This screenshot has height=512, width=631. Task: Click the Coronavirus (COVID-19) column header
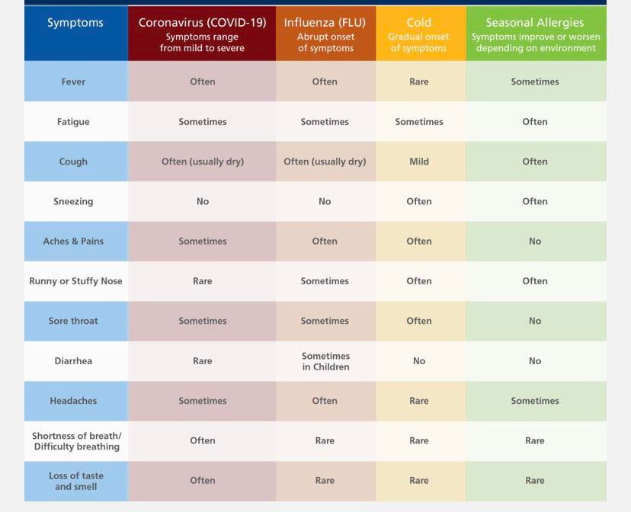pyautogui.click(x=202, y=23)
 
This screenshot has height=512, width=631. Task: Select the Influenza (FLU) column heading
pyautogui.click(x=325, y=23)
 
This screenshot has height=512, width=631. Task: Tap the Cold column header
pyautogui.click(x=419, y=23)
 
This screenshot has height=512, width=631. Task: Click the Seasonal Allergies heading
pyautogui.click(x=535, y=23)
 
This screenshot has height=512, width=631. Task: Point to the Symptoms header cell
pyautogui.click(x=75, y=23)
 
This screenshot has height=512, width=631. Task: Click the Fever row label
pyautogui.click(x=73, y=82)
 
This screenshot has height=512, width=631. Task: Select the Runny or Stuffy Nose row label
pyautogui.click(x=75, y=281)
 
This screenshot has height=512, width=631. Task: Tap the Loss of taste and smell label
pyautogui.click(x=75, y=481)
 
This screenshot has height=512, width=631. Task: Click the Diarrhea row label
pyautogui.click(x=73, y=361)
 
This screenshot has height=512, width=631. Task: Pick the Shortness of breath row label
pyautogui.click(x=76, y=441)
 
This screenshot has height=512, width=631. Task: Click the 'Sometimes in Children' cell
pyautogui.click(x=325, y=361)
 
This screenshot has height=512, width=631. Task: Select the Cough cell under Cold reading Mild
pyautogui.click(x=419, y=162)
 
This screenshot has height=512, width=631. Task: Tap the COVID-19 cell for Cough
pyautogui.click(x=203, y=162)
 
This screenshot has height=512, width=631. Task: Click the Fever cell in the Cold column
pyautogui.click(x=419, y=82)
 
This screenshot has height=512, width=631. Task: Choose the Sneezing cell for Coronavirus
pyautogui.click(x=203, y=201)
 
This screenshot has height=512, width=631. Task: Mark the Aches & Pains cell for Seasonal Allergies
pyautogui.click(x=535, y=242)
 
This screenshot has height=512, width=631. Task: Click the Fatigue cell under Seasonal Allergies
pyautogui.click(x=535, y=122)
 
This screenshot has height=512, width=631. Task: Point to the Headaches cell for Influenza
pyautogui.click(x=325, y=401)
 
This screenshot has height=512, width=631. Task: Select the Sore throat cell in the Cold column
pyautogui.click(x=419, y=321)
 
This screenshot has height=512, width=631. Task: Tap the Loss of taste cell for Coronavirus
pyautogui.click(x=203, y=481)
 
